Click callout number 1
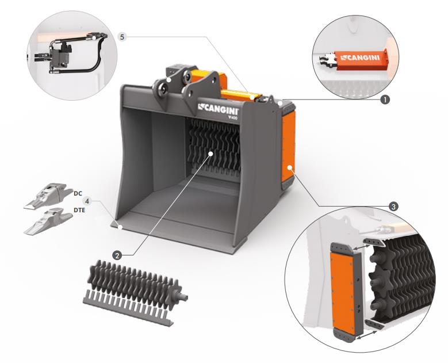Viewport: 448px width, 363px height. tap(385, 100)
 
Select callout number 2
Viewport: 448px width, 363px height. tap(117, 255)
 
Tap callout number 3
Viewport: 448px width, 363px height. tap(393, 207)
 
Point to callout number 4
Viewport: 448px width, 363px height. tap(87, 201)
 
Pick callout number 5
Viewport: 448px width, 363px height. tap(122, 37)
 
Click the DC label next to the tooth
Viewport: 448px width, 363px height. tap(78, 193)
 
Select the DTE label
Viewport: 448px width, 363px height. tap(79, 210)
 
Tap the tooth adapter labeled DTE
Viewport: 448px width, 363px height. tap(48, 221)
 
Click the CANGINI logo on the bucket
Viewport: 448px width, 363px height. tap(218, 109)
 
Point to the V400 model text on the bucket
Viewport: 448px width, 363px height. tap(232, 117)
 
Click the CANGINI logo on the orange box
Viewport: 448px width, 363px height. tap(360, 58)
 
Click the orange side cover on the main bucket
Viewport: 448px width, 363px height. tap(288, 146)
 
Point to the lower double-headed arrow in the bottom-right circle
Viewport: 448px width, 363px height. tap(366, 334)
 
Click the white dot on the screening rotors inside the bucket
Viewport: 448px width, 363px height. tap(210, 154)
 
